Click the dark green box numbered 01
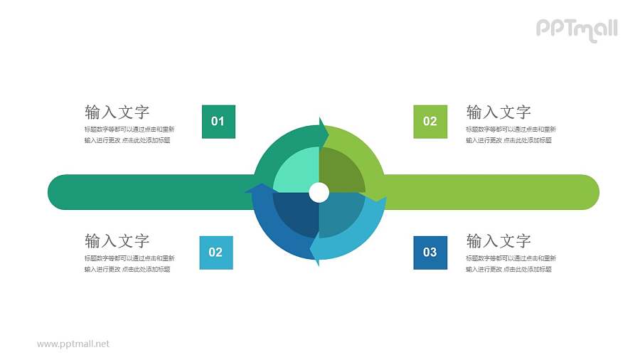pyautogui.click(x=218, y=122)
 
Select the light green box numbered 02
pyautogui.click(x=430, y=122)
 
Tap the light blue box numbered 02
pyautogui.click(x=215, y=252)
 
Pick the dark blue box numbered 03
pyautogui.click(x=430, y=252)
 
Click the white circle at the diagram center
pyautogui.click(x=319, y=192)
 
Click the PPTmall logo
pyautogui.click(x=576, y=29)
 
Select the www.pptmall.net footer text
pyautogui.click(x=73, y=344)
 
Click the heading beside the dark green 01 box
pyautogui.click(x=117, y=112)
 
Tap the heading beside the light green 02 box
pyautogui.click(x=498, y=112)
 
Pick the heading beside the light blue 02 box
pyautogui.click(x=117, y=240)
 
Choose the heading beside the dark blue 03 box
pyautogui.click(x=498, y=240)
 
